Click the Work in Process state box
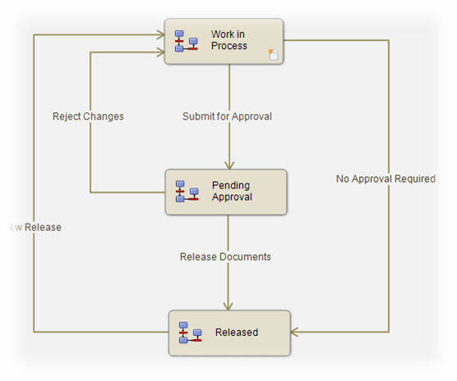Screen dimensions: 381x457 (x=224, y=41)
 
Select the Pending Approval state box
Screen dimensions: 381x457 (x=226, y=193)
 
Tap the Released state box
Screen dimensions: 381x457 (x=229, y=332)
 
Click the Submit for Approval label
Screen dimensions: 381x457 (x=227, y=116)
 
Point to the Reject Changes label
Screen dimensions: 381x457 (x=88, y=116)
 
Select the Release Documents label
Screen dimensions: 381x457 (x=225, y=256)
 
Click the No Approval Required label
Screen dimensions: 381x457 (x=386, y=179)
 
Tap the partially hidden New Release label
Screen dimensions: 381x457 (x=33, y=227)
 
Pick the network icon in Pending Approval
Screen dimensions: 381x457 (x=188, y=191)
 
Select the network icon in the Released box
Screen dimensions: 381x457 (x=190, y=332)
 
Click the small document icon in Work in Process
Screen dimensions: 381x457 (x=274, y=54)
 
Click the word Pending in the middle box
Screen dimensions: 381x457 (x=231, y=186)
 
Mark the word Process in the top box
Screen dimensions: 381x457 (x=228, y=46)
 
